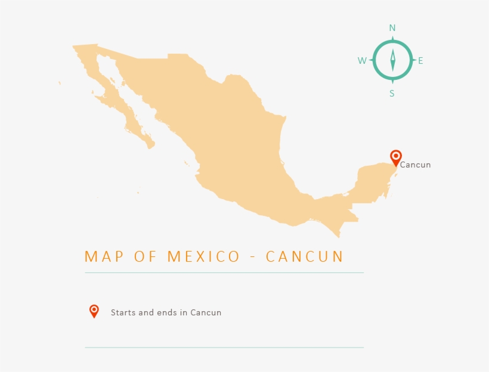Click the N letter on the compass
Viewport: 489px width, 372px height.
(392, 28)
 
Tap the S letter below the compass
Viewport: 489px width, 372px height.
(392, 93)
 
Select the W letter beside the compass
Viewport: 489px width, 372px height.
(362, 61)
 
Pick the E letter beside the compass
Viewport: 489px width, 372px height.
(420, 61)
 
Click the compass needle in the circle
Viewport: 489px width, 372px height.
(392, 60)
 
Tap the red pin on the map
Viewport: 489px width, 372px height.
(395, 157)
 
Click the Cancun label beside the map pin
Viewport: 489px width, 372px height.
(415, 165)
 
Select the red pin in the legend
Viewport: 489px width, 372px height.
(94, 311)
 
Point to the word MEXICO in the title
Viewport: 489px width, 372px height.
(203, 257)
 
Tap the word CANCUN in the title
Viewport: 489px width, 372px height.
(305, 257)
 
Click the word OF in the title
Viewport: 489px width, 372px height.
(141, 257)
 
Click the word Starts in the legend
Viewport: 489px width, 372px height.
(123, 312)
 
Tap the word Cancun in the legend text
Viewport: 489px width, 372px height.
(206, 312)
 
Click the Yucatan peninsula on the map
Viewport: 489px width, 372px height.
(373, 179)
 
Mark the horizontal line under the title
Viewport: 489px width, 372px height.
(224, 272)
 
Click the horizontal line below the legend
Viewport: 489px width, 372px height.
(224, 347)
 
